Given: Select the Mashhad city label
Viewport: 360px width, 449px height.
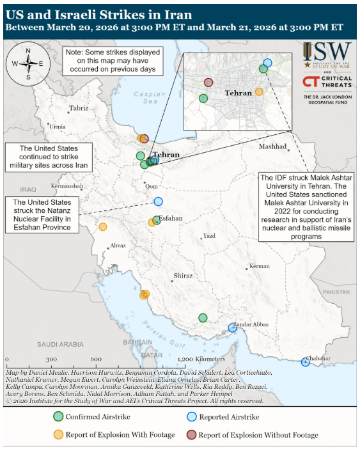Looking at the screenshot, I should [272, 146].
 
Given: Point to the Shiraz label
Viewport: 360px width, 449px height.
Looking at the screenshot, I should [183, 276].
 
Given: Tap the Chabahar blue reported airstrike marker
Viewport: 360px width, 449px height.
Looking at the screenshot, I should [306, 362].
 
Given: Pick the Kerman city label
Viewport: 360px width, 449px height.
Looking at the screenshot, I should [260, 265].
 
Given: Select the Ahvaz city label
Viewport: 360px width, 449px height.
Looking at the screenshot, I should [118, 245].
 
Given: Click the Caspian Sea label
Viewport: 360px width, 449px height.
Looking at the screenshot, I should [149, 97].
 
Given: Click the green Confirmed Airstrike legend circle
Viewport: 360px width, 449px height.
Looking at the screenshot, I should [58, 416].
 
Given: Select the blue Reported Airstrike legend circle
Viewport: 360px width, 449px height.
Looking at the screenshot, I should [190, 416].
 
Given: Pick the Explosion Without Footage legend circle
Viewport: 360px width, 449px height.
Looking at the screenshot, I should [190, 435].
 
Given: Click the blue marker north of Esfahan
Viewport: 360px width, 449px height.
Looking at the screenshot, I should [158, 201].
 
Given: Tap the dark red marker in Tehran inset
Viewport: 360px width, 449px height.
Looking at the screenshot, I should [208, 82].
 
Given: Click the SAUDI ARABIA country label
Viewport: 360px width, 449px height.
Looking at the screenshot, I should [56, 343].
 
